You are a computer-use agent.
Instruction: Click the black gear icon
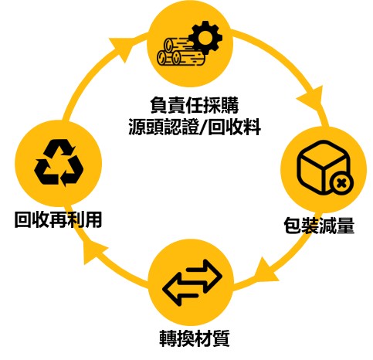205,38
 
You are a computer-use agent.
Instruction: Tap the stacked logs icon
180,53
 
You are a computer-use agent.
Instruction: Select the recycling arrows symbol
59,163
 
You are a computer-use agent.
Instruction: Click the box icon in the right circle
323,168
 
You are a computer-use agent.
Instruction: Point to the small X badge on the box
341,184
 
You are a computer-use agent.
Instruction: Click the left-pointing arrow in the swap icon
181,290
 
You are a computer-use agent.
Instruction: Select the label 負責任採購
194,105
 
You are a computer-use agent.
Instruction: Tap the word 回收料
234,127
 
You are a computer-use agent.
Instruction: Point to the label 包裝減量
319,226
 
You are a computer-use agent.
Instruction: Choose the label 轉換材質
195,338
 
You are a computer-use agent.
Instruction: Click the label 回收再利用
58,219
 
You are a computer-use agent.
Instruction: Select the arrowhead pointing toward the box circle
311,99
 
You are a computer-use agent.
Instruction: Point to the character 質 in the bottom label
221,338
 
